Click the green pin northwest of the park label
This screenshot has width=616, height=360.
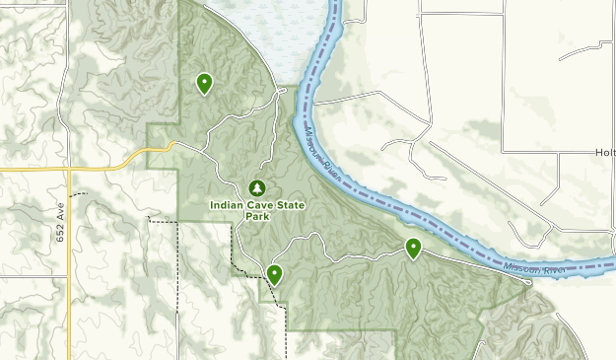[204, 83]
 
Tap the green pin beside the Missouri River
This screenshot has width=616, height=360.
[414, 248]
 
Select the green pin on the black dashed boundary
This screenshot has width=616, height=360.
[274, 273]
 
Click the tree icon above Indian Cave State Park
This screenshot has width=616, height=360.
[256, 187]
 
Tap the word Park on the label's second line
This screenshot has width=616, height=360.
[257, 217]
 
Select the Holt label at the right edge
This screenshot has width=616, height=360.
[604, 153]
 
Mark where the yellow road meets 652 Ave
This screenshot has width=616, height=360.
[68, 170]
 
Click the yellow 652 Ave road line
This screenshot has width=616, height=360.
[68, 286]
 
